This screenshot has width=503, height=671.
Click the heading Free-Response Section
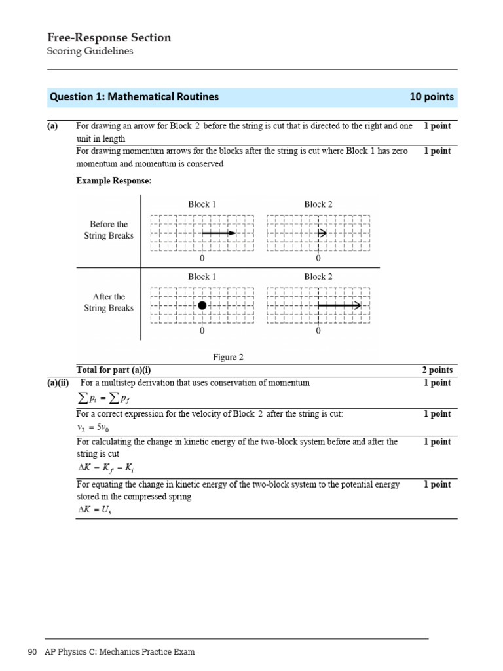pos(109,38)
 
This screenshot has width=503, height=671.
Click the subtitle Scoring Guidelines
pos(90,52)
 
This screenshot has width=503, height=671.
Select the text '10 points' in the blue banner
pos(431,97)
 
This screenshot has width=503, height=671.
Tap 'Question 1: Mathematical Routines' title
pos(134,97)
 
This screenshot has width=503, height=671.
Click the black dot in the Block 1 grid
pos(202,305)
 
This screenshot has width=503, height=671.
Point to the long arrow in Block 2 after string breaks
pos(339,305)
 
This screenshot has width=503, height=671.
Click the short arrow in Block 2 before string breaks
pos(322,233)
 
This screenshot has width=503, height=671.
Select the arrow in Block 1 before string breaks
pos(218,233)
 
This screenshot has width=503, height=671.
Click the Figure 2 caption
pos(228,357)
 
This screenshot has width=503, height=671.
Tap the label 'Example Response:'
pos(114,181)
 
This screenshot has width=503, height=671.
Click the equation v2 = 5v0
pos(92,427)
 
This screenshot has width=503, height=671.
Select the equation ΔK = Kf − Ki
pos(105,468)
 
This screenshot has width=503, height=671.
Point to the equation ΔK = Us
pos(95,510)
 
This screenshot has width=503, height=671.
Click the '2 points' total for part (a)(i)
pos(437,370)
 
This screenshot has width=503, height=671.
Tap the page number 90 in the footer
pos(33,652)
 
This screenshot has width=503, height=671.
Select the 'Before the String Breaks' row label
pos(109,230)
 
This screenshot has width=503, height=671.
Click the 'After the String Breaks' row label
pos(109,303)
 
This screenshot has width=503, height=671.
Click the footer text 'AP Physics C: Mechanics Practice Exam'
pos(119,652)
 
